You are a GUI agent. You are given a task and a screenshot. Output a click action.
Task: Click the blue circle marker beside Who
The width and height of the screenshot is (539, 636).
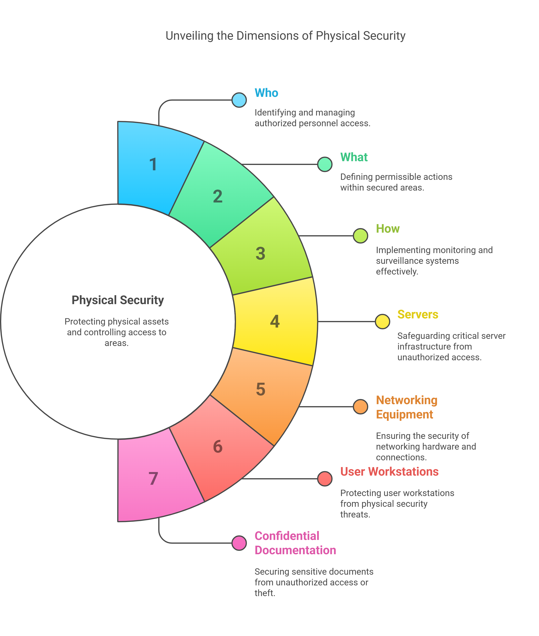[239, 100]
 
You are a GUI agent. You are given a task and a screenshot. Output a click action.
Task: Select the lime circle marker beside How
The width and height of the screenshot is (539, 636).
[360, 236]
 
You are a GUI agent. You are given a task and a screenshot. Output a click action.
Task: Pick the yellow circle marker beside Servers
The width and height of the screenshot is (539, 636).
[382, 321]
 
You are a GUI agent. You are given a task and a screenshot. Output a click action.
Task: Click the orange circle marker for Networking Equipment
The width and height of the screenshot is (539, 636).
[360, 407]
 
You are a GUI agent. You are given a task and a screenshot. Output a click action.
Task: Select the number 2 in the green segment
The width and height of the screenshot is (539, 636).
[218, 196]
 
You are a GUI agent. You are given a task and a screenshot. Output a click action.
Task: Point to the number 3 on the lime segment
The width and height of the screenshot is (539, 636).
[260, 253]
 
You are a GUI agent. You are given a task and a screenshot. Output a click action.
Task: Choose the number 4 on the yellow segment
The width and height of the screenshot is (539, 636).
[275, 321]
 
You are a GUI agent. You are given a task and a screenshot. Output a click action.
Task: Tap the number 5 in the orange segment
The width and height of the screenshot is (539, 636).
[260, 389]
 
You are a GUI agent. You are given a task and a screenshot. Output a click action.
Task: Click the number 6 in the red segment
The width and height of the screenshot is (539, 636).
[218, 446]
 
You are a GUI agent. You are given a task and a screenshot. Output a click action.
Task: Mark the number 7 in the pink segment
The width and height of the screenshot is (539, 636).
[153, 479]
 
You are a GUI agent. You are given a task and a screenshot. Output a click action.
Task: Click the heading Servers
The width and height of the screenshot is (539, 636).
[418, 314]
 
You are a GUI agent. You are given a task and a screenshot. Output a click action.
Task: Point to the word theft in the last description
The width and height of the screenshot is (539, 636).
[264, 593]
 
